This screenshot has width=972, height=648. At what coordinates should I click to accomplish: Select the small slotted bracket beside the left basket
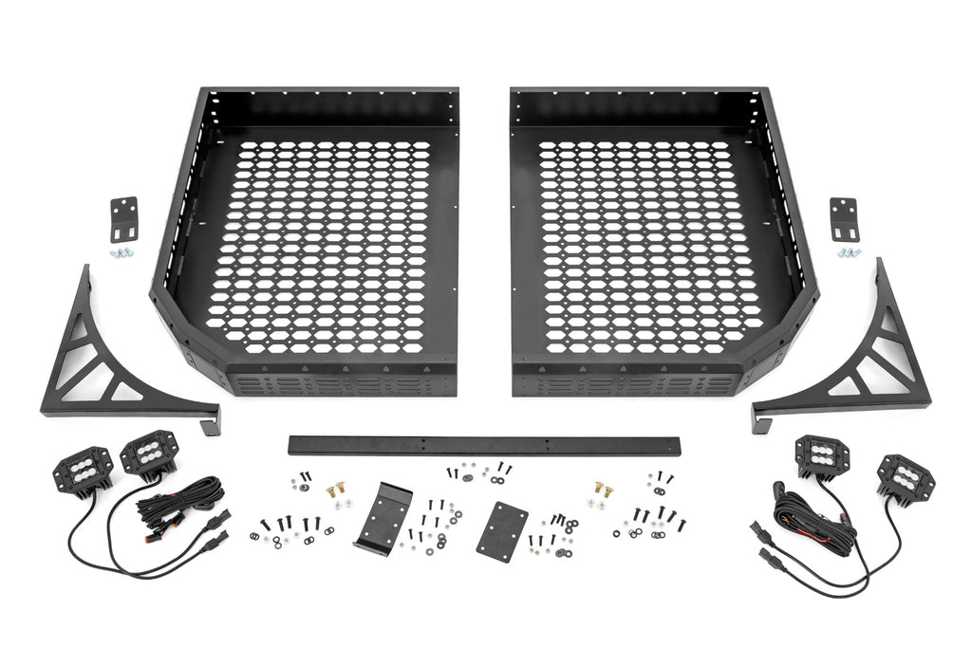click(x=123, y=219)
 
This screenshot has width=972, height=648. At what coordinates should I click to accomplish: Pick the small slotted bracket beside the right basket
click(x=843, y=219)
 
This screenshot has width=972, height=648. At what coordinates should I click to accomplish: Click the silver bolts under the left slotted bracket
click(x=121, y=253)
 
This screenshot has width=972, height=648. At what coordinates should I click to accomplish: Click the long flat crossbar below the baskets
click(x=485, y=445)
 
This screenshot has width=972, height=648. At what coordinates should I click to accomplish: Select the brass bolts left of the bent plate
click(x=334, y=491)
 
